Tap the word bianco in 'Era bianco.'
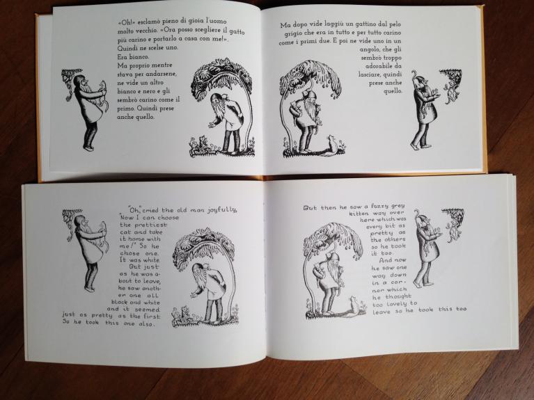(140, 56)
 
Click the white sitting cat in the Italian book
(330, 145)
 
